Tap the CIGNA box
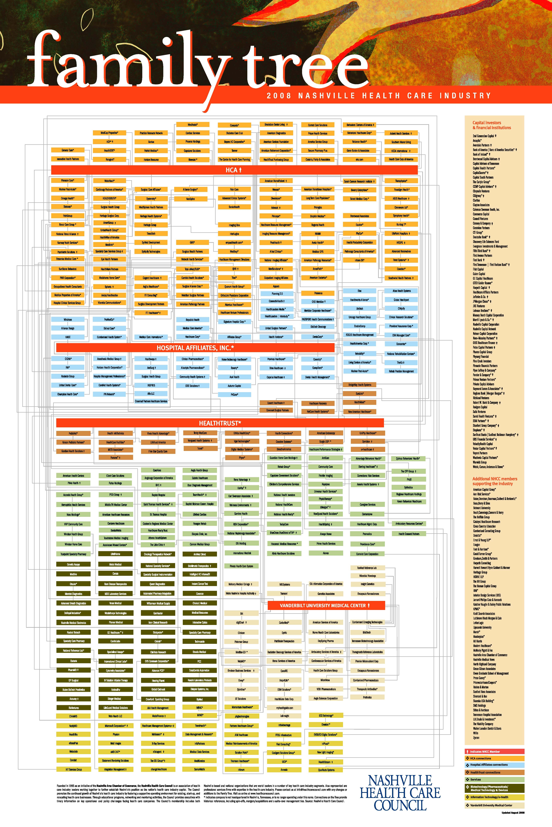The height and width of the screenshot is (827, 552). click(68, 359)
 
